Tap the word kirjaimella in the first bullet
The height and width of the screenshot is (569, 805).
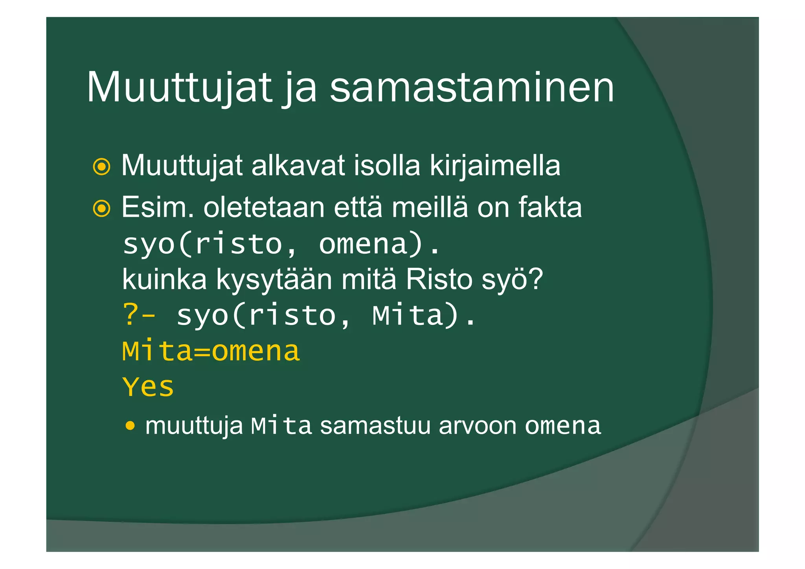coord(495,166)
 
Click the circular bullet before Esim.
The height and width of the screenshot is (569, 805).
coord(102,208)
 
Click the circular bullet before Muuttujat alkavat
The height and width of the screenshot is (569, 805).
coord(102,167)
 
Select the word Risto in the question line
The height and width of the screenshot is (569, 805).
coord(439,280)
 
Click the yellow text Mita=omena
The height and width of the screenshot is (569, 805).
coord(211,351)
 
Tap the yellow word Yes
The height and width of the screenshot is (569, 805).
coord(148,387)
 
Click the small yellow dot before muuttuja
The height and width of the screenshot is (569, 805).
coord(130,425)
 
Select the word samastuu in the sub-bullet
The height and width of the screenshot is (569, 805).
coord(375,426)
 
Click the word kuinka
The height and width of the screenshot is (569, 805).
coord(164,280)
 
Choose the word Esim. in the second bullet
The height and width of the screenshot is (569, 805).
coord(158,207)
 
